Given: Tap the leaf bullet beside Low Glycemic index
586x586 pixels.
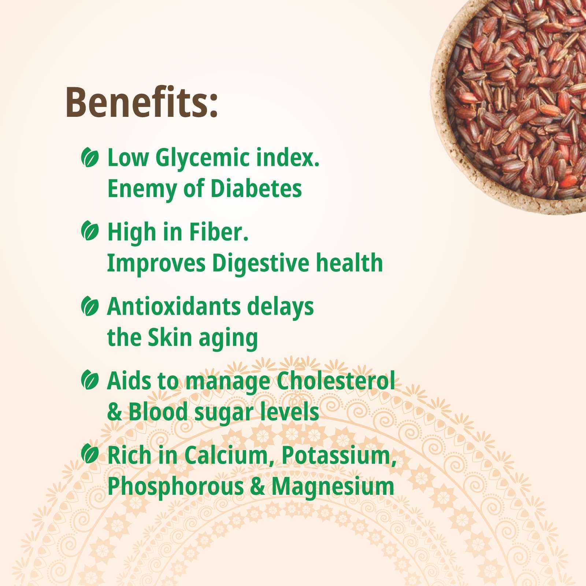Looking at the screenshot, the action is (90, 158).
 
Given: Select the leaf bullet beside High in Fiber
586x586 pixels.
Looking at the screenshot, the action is (90, 231).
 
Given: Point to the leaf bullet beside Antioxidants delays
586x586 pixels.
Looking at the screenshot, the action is (90, 306).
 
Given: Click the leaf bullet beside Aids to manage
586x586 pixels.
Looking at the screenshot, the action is (90, 380).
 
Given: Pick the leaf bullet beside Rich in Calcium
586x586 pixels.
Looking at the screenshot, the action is (90, 454).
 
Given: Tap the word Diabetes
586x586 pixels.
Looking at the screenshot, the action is (256, 189).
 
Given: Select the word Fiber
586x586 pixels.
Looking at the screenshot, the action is (218, 232).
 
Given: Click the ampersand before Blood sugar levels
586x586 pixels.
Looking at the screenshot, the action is (114, 412).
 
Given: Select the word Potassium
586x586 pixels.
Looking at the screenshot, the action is (339, 456).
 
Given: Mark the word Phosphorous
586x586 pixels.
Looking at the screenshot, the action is (175, 487).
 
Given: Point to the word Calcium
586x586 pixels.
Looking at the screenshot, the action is (229, 456).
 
